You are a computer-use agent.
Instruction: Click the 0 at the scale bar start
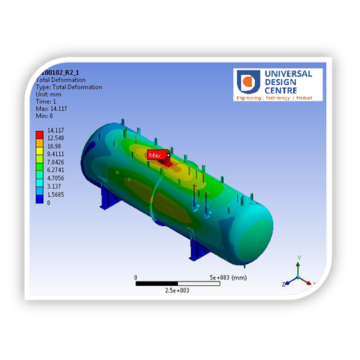136,276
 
